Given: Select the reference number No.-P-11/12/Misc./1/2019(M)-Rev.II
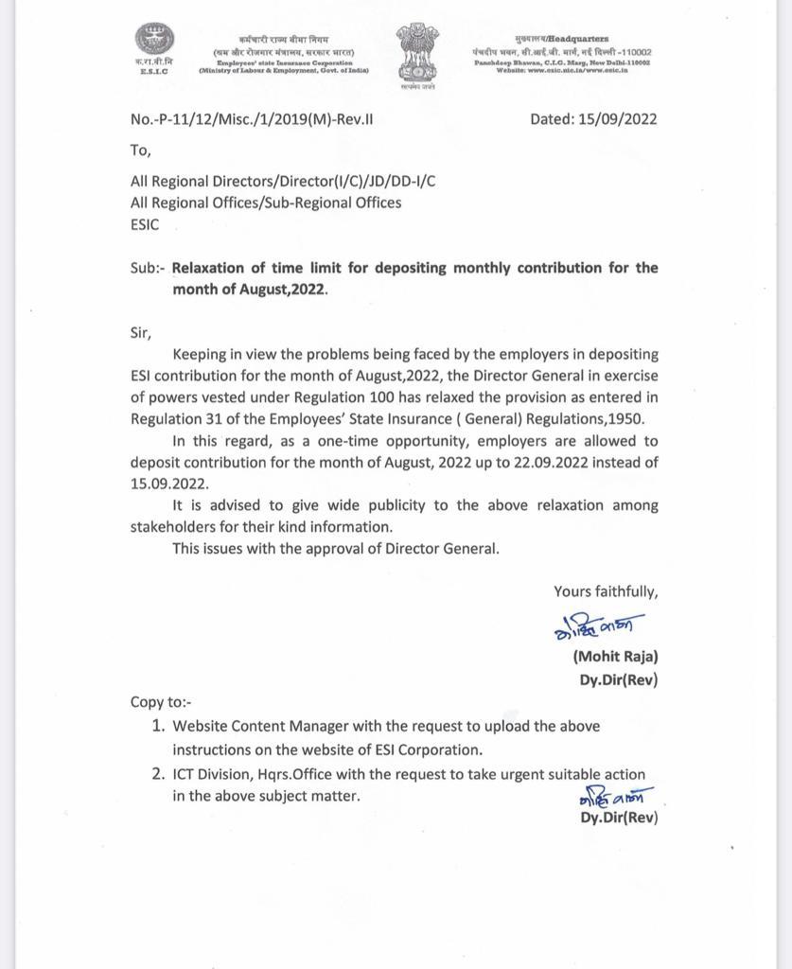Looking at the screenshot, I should [x=252, y=120].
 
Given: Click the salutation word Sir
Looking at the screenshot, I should [x=140, y=332].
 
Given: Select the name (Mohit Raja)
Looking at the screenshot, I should [x=615, y=656].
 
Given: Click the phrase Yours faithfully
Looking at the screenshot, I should [x=606, y=591].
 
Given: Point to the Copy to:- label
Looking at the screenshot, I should [x=161, y=702].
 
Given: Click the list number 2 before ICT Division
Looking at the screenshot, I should [x=158, y=774].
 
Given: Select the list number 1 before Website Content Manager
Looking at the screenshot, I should [x=158, y=726].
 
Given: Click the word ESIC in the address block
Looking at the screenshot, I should [x=145, y=225].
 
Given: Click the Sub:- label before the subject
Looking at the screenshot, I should [x=148, y=268].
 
